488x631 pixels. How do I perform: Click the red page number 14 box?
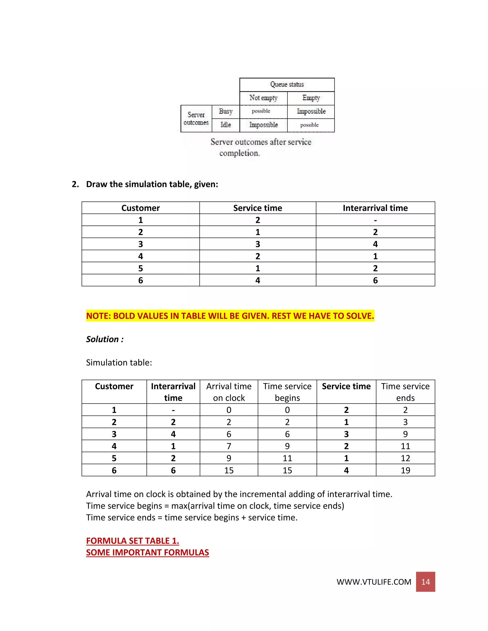[425, 582]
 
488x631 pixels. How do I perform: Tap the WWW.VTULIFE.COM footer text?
[374, 582]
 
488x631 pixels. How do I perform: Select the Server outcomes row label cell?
[196, 118]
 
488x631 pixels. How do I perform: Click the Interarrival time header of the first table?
[375, 208]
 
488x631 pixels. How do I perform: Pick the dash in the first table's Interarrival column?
[375, 220]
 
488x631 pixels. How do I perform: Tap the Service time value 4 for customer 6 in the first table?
[258, 280]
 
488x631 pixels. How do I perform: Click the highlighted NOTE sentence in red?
[230, 316]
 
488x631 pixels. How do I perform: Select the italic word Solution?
[102, 339]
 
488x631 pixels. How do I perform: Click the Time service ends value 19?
[405, 470]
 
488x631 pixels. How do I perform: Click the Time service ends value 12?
[405, 458]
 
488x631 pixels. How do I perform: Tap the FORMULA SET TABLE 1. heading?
[132, 541]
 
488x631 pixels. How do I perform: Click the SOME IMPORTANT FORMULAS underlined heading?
[147, 552]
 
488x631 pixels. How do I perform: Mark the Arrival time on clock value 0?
[229, 410]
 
